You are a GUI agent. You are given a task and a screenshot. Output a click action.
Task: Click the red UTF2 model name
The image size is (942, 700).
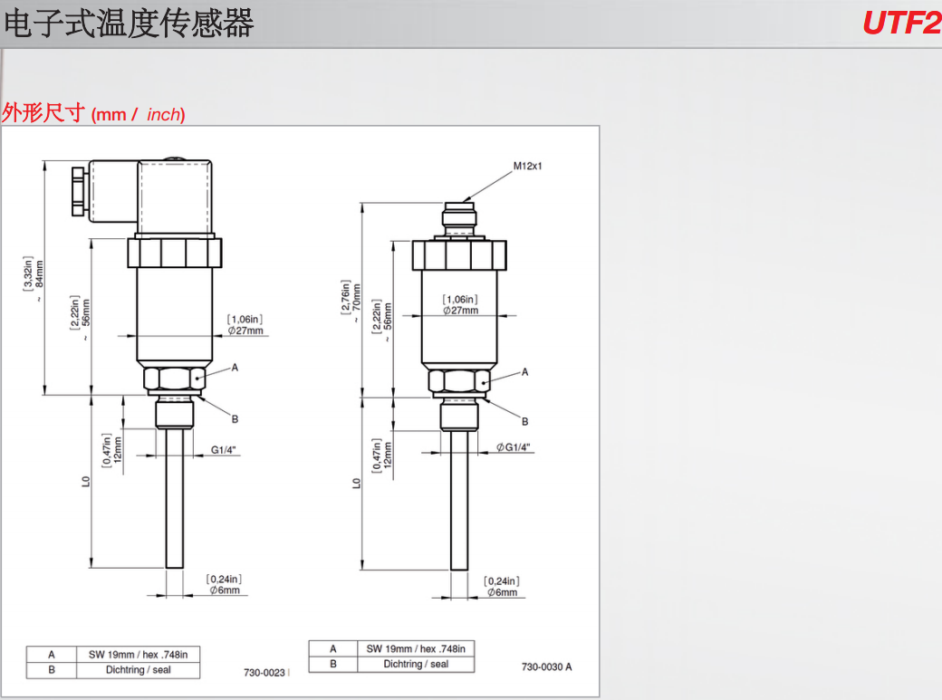[901, 23]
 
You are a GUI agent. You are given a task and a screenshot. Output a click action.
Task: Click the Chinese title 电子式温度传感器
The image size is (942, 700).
[129, 24]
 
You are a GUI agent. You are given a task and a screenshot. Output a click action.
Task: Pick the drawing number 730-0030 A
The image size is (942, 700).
[546, 667]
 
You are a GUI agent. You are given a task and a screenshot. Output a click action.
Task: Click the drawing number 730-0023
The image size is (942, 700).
[264, 673]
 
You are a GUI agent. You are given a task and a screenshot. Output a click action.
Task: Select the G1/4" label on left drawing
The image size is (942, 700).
[226, 450]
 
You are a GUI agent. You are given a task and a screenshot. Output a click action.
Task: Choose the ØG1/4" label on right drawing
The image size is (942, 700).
[514, 447]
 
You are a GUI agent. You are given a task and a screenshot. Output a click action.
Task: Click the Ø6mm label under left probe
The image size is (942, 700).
[224, 590]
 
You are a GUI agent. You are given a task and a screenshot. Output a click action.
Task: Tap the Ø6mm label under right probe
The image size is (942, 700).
[502, 592]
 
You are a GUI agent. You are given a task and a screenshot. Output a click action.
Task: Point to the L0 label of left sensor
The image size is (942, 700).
[86, 483]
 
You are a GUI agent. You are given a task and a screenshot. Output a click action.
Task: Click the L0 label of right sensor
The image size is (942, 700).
[356, 483]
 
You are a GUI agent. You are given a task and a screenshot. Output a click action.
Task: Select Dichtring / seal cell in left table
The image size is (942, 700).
[138, 670]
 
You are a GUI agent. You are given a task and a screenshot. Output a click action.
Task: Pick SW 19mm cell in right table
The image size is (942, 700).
[415, 648]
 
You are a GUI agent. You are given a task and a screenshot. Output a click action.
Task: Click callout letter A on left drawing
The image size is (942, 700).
[235, 367]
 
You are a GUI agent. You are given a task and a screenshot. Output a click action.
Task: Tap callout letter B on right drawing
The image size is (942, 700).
[524, 421]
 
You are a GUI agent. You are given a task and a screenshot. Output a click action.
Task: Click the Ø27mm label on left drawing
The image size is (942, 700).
[245, 331]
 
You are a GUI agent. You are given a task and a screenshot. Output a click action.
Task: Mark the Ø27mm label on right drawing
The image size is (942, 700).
[461, 310]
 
